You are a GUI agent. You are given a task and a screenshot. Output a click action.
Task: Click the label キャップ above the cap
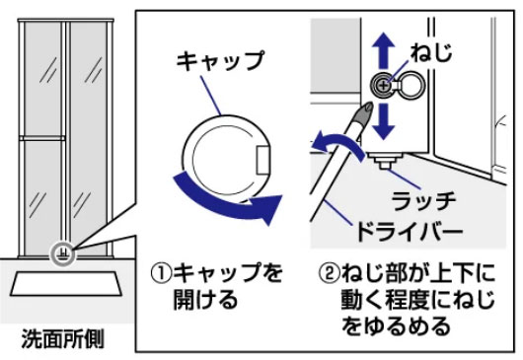coord(221,61)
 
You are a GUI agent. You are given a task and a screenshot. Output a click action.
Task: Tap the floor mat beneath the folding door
coord(66,286)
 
